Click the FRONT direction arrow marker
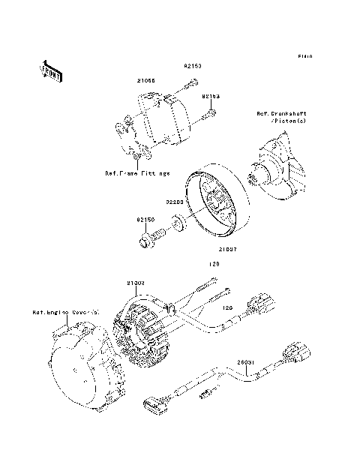(51, 71)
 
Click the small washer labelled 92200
(178, 222)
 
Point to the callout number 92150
(145, 220)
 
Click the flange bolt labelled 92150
(151, 240)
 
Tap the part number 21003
(135, 283)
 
